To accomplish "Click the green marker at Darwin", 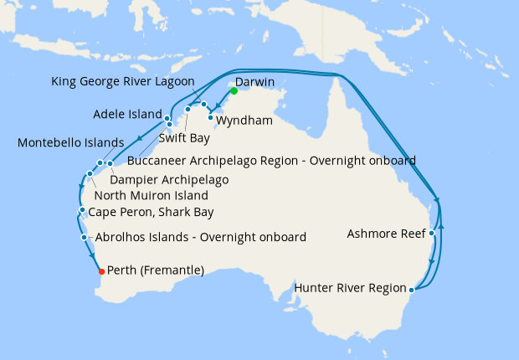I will [x=234, y=90].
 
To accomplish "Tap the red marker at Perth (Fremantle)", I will [x=101, y=271].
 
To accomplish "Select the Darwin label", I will [x=255, y=83].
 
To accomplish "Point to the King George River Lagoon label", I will [x=122, y=81].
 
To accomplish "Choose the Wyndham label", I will [x=244, y=121].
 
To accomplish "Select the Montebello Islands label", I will [x=70, y=143].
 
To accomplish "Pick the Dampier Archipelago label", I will [x=171, y=179].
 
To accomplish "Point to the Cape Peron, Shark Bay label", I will [x=151, y=212].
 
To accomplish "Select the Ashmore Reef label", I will [x=386, y=234].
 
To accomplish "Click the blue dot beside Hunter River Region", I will [x=411, y=291].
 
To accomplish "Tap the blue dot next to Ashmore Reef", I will [x=431, y=234].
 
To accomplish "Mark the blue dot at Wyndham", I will [x=210, y=117].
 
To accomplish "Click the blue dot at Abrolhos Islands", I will [x=85, y=238].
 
